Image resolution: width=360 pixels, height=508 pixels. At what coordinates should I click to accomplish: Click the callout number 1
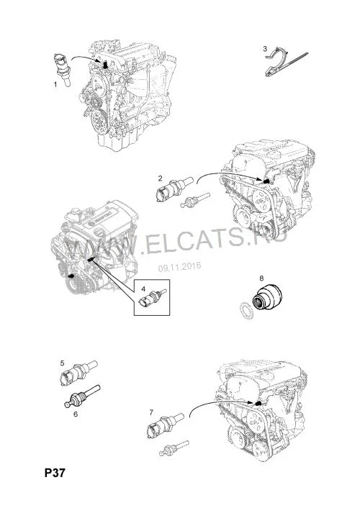pos(55,85)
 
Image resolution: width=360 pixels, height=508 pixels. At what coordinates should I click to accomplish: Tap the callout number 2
pos(161,178)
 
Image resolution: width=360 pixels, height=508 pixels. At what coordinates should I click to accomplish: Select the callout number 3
pos(265,49)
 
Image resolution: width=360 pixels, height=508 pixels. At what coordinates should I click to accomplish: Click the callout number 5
pos(62,363)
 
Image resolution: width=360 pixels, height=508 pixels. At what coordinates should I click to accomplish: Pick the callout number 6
pos(76,414)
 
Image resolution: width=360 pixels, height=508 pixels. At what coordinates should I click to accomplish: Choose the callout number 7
pos(151,412)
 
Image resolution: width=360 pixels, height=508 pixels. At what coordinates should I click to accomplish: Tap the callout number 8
pos(261,278)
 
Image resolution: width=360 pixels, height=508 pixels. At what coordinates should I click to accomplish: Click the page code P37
pos(55,473)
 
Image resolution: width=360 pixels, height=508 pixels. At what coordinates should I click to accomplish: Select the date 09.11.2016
pos(180,267)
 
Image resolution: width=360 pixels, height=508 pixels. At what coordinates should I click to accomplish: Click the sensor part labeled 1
pos(62,70)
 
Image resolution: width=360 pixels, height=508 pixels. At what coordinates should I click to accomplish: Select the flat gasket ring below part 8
pos(246,310)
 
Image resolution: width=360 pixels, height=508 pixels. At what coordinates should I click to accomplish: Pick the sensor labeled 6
pos(82,397)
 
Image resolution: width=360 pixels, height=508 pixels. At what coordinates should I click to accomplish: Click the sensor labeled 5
pos(78,373)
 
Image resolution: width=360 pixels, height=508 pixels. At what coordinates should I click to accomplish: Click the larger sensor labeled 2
pos(174,189)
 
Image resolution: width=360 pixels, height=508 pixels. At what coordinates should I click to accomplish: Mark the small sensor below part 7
pos(174,448)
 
